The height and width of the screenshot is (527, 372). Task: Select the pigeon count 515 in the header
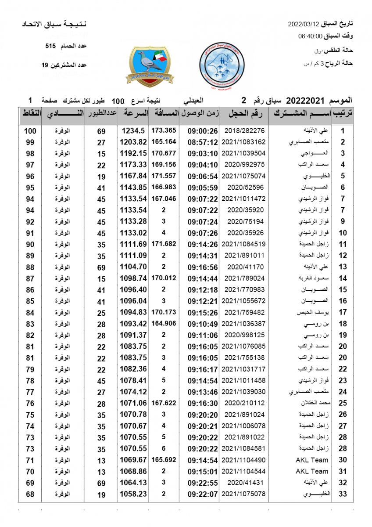(x=51, y=46)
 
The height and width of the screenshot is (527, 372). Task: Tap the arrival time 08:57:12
(x=203, y=142)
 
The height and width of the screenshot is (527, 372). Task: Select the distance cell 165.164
(x=164, y=142)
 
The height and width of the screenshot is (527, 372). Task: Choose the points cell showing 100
(x=30, y=131)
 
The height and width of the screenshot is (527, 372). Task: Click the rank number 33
(x=343, y=494)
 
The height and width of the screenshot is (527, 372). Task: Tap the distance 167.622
(x=164, y=403)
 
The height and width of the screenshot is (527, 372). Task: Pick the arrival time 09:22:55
(x=203, y=483)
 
